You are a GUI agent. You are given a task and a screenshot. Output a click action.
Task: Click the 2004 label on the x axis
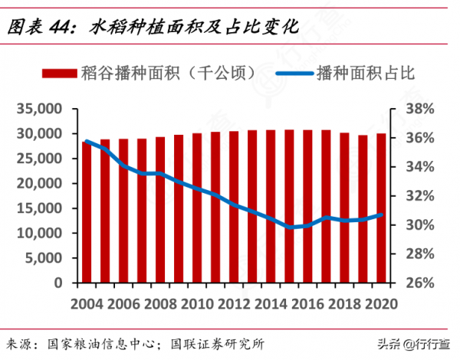point(87,303)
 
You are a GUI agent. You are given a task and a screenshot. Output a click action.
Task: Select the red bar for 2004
point(87,212)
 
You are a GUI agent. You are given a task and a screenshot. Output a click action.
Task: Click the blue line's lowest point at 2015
point(289,227)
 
